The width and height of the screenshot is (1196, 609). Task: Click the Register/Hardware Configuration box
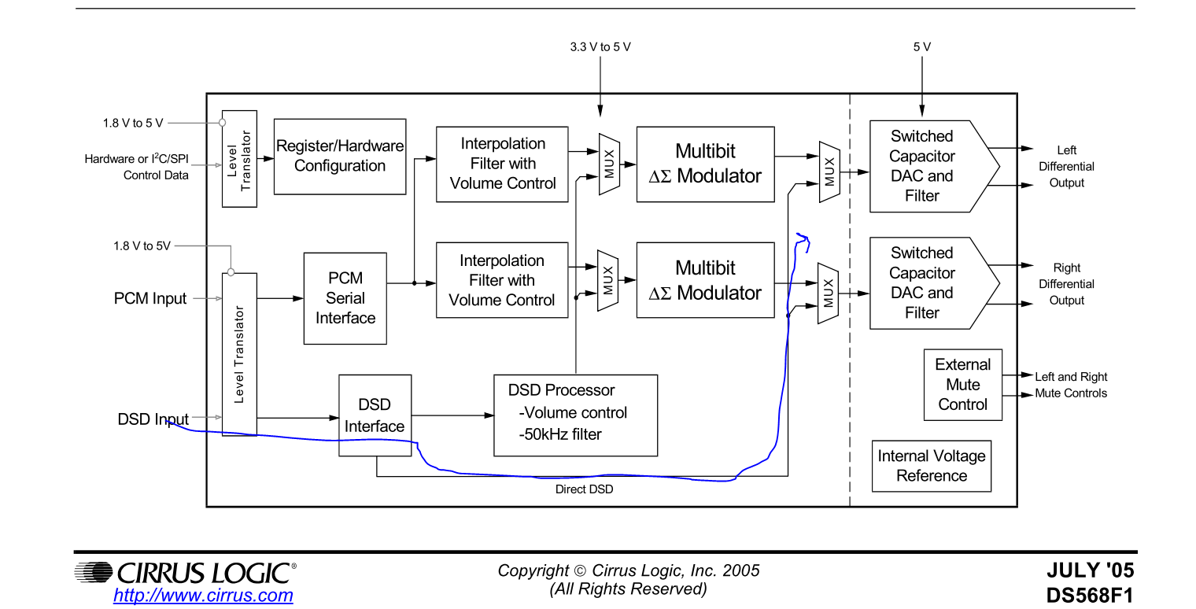[x=340, y=156]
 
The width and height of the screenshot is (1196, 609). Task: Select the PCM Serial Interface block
[x=345, y=298]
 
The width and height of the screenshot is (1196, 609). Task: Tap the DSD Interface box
[x=375, y=415]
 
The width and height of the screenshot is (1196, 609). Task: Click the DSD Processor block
[x=575, y=415]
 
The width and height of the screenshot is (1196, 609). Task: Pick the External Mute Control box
[x=962, y=385]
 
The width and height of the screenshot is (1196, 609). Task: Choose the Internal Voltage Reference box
[x=932, y=466]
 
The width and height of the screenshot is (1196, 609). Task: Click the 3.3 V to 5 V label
[x=600, y=47]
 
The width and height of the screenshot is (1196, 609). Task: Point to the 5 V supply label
[x=922, y=47]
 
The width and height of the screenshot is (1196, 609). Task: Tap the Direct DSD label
[x=584, y=489]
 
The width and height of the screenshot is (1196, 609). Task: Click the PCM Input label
[x=150, y=299]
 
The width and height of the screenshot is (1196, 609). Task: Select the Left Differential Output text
[x=1066, y=166]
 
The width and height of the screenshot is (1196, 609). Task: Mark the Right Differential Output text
[x=1066, y=284]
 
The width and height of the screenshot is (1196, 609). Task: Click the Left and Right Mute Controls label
[x=1071, y=385]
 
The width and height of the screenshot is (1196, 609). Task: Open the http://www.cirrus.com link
[x=203, y=596]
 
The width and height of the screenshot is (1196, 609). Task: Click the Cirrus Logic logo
[x=186, y=571]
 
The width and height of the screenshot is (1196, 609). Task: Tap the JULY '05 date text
[x=1091, y=570]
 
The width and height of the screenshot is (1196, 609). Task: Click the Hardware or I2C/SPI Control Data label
[x=137, y=167]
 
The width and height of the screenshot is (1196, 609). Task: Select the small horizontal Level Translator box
[x=239, y=158]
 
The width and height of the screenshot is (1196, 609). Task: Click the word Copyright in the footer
[x=533, y=570]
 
